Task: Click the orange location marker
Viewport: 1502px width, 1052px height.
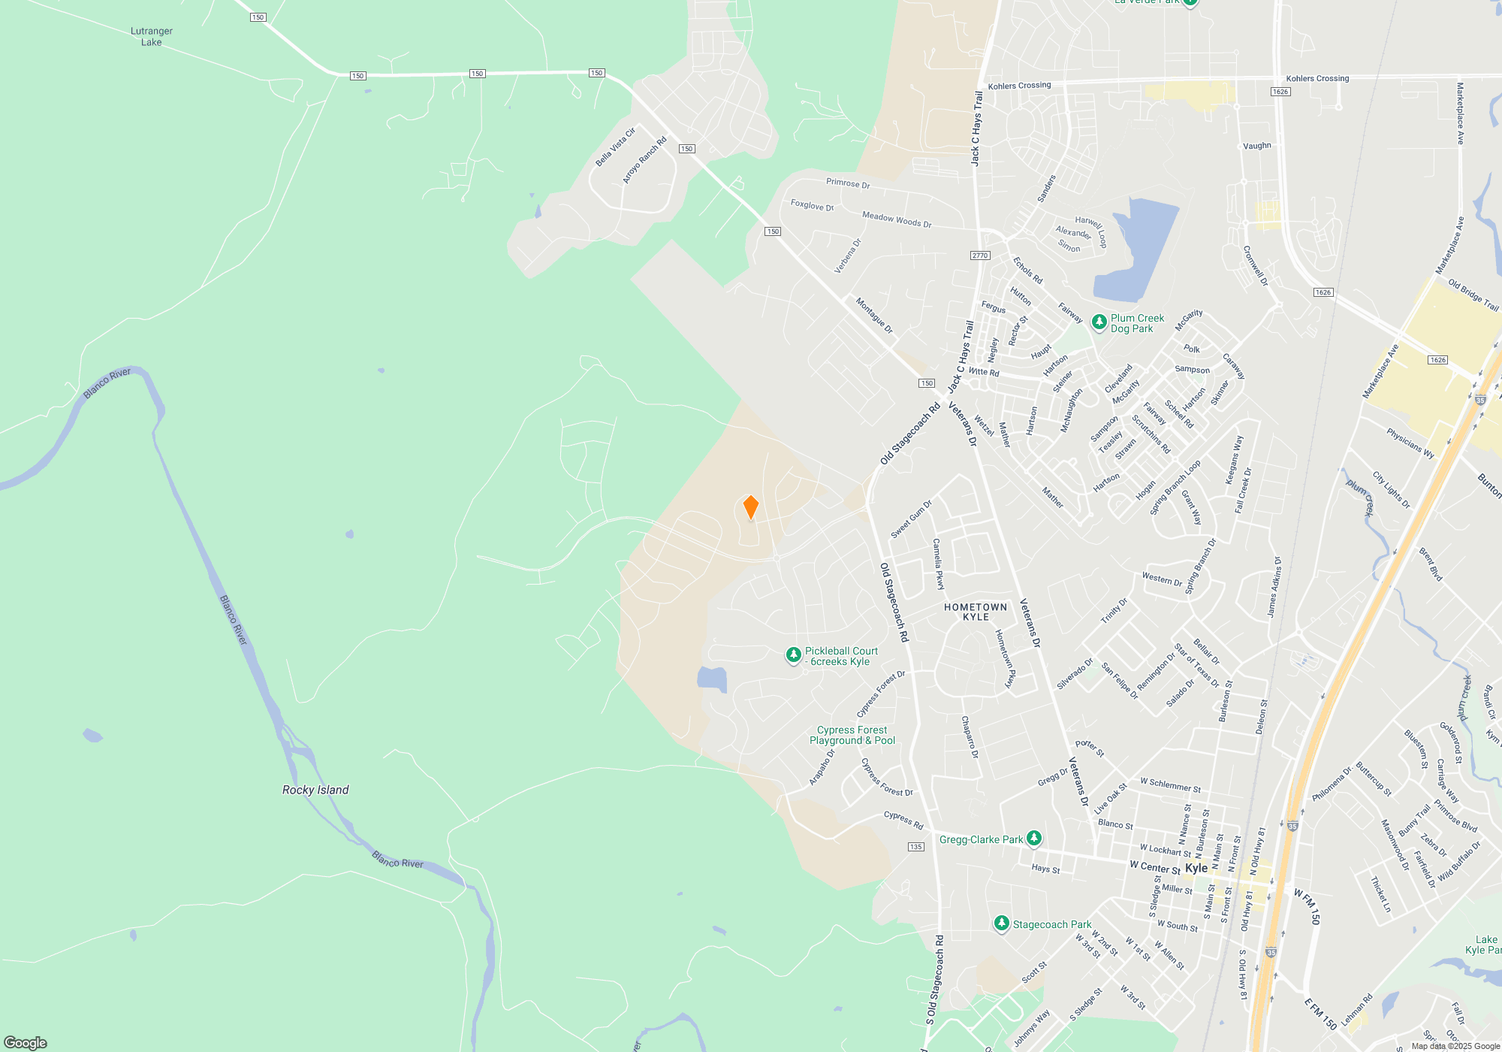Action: pos(750,507)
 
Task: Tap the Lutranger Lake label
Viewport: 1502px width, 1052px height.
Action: pos(152,37)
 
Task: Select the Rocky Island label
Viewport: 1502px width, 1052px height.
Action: pos(315,790)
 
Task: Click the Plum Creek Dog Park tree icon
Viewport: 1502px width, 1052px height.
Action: pos(1099,322)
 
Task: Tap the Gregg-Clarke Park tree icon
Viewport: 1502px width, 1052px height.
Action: pos(1034,838)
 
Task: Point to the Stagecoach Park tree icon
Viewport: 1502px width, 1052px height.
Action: pos(1001,924)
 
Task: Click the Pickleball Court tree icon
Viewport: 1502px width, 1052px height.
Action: pos(793,655)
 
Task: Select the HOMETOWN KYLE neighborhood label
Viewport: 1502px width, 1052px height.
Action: pos(976,612)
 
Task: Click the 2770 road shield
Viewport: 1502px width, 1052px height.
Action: pos(980,255)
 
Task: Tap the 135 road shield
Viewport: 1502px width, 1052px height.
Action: pos(915,847)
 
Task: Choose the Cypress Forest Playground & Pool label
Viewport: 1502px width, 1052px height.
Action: pos(852,735)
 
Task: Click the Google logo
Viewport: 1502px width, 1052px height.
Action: pos(26,1042)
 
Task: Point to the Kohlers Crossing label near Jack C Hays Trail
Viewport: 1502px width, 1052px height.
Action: pos(1019,86)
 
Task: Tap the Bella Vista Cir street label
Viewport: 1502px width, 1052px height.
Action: pos(615,147)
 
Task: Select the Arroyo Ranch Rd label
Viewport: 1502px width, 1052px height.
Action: pos(644,160)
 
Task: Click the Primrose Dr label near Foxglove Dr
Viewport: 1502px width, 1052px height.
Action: pos(848,183)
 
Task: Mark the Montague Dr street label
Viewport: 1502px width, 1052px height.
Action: pos(874,316)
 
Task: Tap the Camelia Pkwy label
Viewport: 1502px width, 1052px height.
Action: pos(938,564)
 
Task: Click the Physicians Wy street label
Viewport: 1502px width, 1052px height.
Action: pos(1410,443)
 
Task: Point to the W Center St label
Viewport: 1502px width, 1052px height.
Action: pos(1155,867)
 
